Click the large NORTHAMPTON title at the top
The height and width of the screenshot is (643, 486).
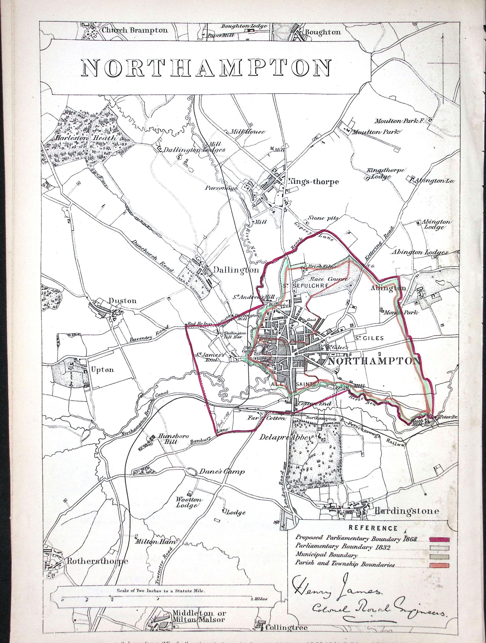click(207, 67)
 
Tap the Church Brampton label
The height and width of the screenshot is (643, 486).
click(135, 30)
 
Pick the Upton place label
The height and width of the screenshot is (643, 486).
click(102, 369)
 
